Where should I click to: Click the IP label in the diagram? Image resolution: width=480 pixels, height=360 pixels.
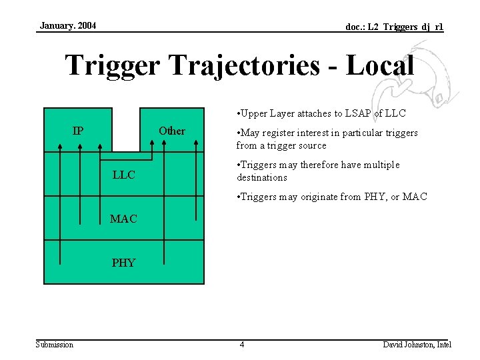(x=78, y=131)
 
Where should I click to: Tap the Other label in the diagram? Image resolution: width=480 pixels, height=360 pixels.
(x=172, y=131)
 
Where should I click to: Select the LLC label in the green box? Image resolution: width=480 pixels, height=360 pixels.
(x=124, y=175)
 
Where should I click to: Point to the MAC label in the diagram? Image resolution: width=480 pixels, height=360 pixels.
(x=124, y=219)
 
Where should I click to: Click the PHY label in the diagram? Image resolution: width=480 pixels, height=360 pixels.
(x=124, y=263)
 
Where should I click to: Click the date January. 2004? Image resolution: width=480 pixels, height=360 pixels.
(x=67, y=26)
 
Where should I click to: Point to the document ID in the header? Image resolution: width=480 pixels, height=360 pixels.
(x=394, y=27)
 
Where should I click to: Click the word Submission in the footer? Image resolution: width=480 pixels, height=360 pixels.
(x=55, y=345)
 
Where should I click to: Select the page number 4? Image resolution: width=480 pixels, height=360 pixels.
(x=242, y=345)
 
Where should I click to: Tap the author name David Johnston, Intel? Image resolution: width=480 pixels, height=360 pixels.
(x=417, y=345)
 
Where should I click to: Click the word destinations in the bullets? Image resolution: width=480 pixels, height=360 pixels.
(x=262, y=177)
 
